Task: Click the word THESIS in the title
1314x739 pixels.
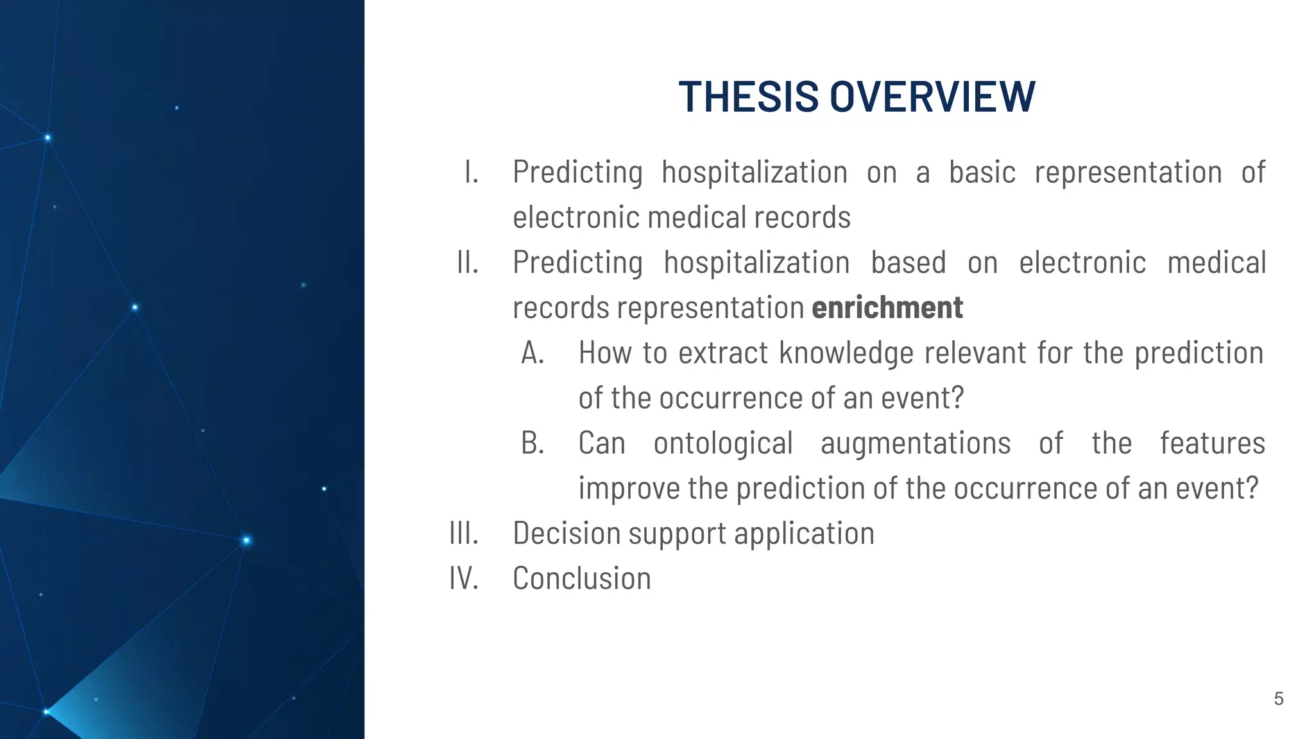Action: point(748,97)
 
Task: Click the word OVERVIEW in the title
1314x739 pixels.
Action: point(932,97)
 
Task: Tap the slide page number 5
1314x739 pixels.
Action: point(1278,699)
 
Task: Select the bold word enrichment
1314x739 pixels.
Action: point(887,307)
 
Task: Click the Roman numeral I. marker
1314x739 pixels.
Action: point(472,172)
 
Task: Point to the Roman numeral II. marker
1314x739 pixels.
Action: point(468,262)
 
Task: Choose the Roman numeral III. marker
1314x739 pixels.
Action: point(464,533)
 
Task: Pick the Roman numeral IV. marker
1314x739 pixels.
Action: point(464,578)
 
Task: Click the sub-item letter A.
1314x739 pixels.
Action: point(533,353)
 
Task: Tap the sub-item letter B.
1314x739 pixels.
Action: point(533,443)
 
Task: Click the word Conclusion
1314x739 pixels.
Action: point(581,578)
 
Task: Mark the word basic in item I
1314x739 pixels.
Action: point(982,172)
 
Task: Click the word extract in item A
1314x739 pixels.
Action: point(723,353)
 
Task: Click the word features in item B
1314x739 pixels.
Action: point(1212,443)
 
